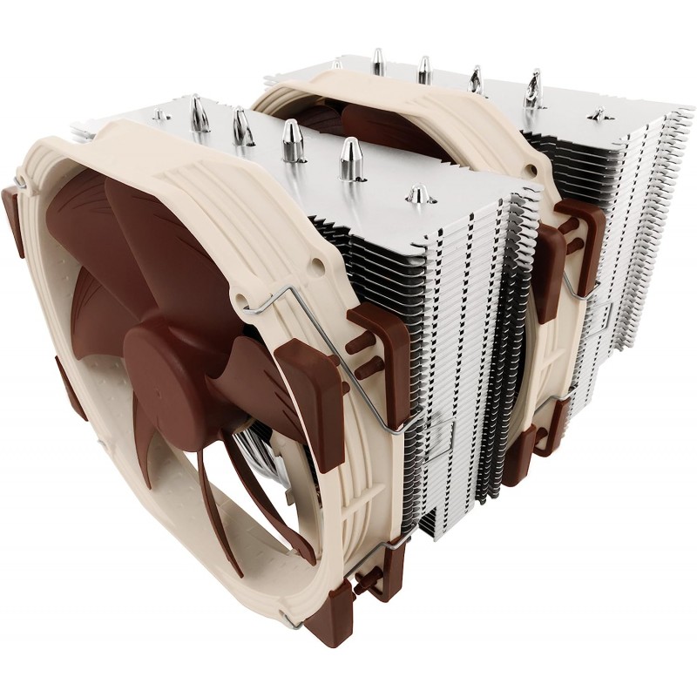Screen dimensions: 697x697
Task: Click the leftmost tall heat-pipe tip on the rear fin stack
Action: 377,59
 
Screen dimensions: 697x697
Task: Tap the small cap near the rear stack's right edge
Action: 598,113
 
